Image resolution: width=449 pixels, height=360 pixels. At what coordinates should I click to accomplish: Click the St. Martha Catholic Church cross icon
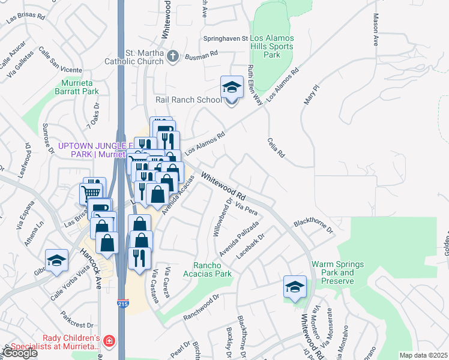click(x=173, y=56)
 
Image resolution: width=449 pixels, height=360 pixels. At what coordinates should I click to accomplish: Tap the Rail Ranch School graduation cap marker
click(x=232, y=88)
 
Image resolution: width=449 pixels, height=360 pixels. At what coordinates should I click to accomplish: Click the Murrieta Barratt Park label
click(x=79, y=87)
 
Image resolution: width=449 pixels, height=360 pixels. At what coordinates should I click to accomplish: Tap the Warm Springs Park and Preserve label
click(x=333, y=272)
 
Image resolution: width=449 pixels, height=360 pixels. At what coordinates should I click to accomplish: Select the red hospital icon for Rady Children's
click(x=109, y=341)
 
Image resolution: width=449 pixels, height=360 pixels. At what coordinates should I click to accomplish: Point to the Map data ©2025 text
click(x=423, y=355)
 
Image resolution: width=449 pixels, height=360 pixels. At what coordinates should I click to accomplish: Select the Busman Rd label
click(x=202, y=55)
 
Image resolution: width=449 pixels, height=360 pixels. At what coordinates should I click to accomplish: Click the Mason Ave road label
click(x=376, y=30)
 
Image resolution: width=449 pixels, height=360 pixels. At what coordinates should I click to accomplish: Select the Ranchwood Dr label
click(x=201, y=300)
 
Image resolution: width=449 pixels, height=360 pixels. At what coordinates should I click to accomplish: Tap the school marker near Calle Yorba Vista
click(x=56, y=260)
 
